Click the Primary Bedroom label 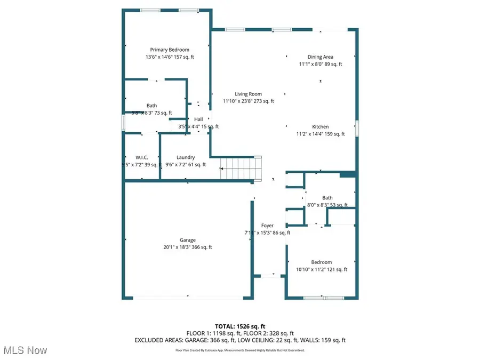pos(170,50)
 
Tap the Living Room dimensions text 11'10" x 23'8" pos(249,101)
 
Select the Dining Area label pos(321,57)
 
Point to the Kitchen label pos(321,126)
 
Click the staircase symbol pos(242,169)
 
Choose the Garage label pos(188,239)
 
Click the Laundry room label pos(186,157)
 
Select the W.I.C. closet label pos(141,157)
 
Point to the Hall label pos(198,119)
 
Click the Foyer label pos(267,226)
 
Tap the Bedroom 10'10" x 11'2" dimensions pos(322,269)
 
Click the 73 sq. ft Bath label pos(152,106)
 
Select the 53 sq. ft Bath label pos(327,198)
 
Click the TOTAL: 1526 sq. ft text pos(240,325)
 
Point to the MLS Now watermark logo pos(25,350)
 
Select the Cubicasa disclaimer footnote pos(240,350)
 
